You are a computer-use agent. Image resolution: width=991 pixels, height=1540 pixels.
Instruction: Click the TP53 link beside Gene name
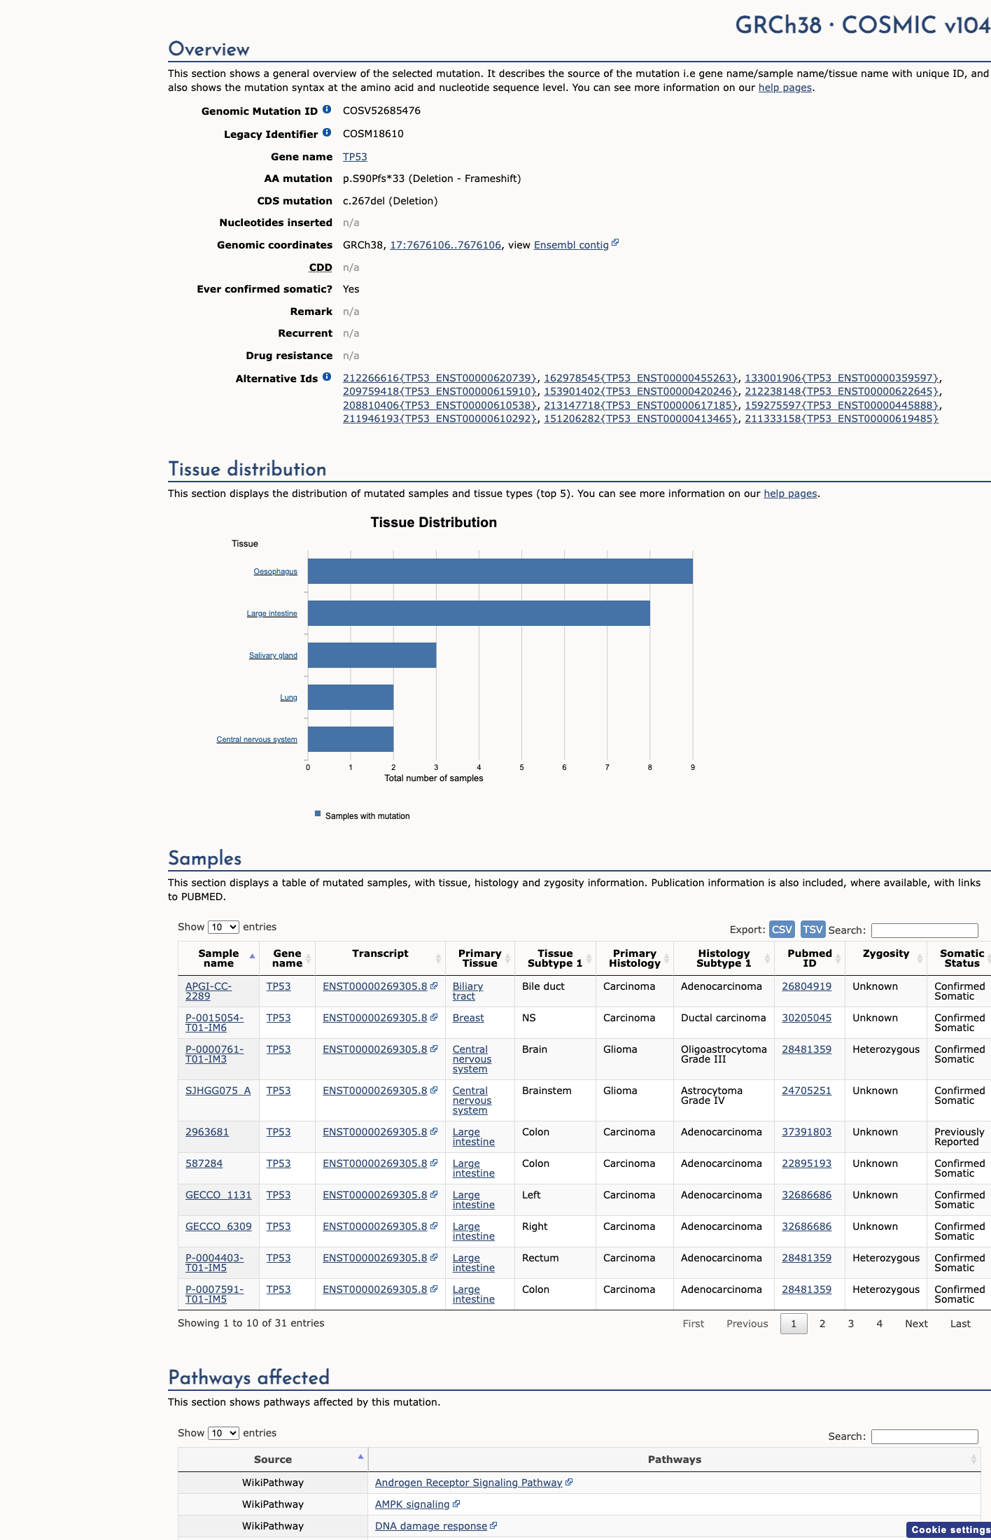[x=355, y=157]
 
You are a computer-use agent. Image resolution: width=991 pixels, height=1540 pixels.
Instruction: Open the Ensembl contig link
[x=571, y=245]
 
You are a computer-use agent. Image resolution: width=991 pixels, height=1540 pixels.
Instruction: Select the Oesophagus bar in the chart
[x=500, y=571]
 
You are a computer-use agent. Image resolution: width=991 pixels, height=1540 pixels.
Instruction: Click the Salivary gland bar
[x=372, y=655]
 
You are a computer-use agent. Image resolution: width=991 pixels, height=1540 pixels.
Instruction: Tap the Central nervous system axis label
[x=257, y=739]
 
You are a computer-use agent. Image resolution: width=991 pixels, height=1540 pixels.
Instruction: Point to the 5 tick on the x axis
[x=521, y=767]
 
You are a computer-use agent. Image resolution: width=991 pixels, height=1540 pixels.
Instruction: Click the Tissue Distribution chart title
[x=434, y=522]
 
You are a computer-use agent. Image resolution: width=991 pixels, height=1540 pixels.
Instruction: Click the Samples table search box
[x=925, y=930]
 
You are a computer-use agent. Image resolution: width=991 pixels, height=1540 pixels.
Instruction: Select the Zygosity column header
[x=886, y=953]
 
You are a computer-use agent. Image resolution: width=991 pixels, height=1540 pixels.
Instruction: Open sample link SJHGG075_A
[x=218, y=1091]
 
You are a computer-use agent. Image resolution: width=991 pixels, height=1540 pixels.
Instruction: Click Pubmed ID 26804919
[x=807, y=986]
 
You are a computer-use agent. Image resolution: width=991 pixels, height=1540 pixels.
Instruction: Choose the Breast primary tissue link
[x=468, y=1018]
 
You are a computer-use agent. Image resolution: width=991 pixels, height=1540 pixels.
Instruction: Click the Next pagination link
[x=916, y=1324]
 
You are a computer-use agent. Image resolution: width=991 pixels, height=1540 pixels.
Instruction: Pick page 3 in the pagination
[x=851, y=1324]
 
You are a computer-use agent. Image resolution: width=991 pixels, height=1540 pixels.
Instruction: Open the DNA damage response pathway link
[x=431, y=1526]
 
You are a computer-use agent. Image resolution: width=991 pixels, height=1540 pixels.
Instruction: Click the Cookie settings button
[x=949, y=1529]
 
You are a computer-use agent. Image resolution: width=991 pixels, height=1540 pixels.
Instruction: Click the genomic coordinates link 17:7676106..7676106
[x=446, y=245]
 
